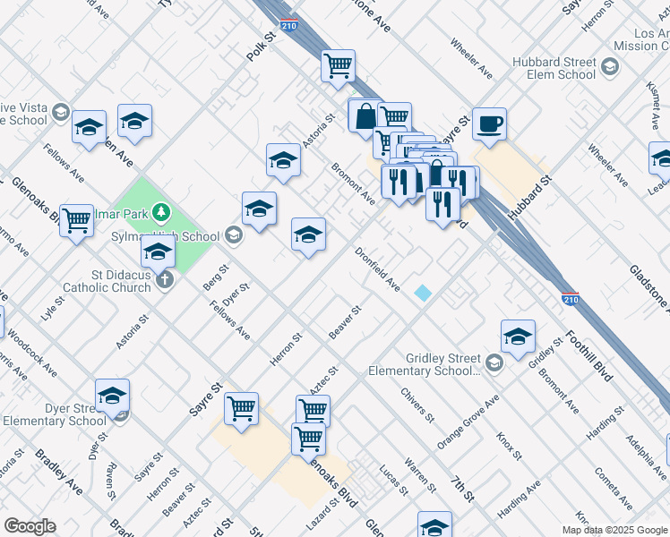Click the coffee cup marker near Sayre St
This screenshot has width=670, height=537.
(x=490, y=124)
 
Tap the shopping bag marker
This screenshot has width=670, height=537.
(x=365, y=115)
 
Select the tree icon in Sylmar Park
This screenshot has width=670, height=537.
(x=160, y=212)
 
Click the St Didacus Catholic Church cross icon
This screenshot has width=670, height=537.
(x=164, y=280)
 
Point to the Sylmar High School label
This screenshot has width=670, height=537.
(x=176, y=236)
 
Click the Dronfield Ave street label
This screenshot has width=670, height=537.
(x=377, y=268)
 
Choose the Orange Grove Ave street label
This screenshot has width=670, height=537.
(x=468, y=422)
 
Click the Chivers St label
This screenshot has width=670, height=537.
(x=417, y=405)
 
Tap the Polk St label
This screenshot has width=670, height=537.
(x=262, y=48)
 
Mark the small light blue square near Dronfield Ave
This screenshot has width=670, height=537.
(x=422, y=293)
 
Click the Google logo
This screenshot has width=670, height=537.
(x=30, y=526)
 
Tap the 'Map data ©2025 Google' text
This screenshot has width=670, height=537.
(x=614, y=530)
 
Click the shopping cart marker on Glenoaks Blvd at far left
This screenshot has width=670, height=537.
(x=76, y=219)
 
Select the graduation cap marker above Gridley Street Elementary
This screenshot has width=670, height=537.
(x=518, y=337)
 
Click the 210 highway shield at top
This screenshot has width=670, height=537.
(x=289, y=27)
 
